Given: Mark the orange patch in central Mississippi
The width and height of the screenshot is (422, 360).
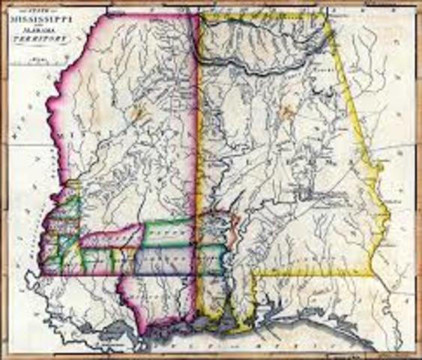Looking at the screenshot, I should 136,114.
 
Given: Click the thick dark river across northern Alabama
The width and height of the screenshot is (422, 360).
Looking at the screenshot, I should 247,64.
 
